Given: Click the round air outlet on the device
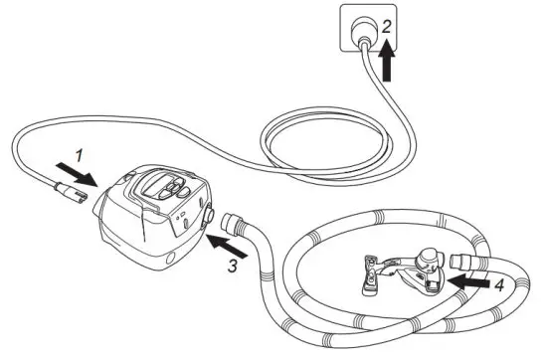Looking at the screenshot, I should pyautogui.click(x=210, y=215).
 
